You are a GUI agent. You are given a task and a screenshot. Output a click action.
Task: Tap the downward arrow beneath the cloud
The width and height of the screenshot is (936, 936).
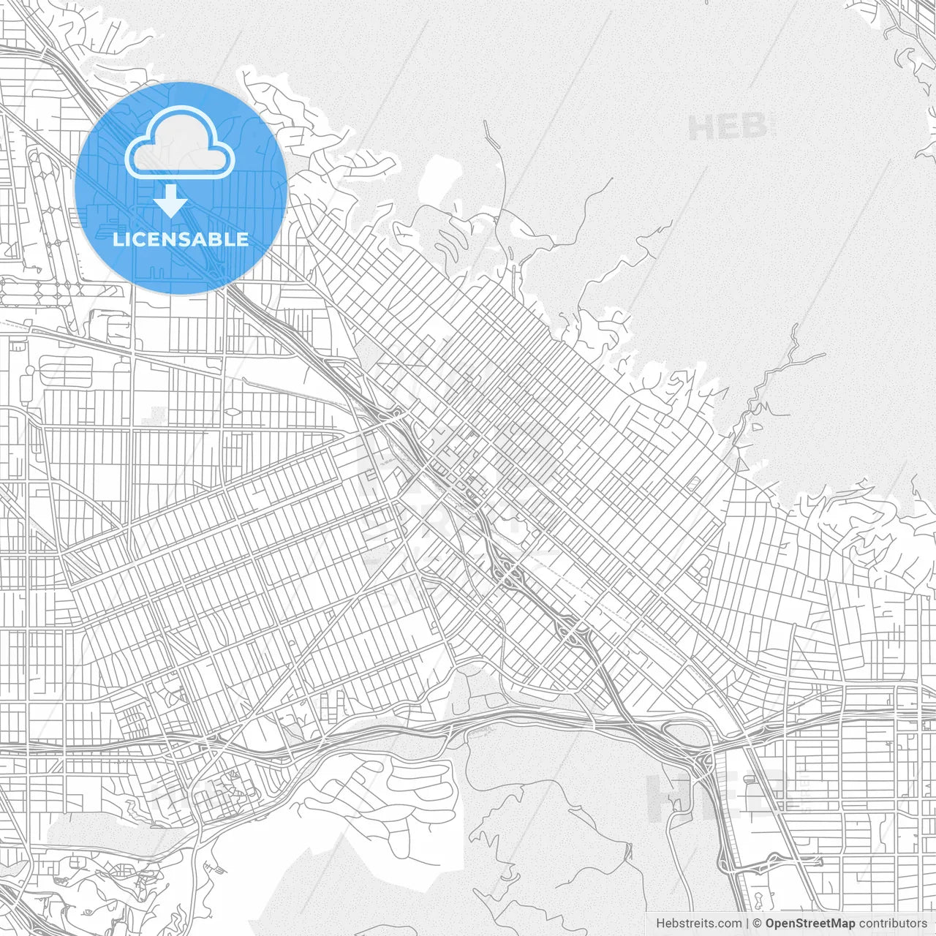coord(171,201)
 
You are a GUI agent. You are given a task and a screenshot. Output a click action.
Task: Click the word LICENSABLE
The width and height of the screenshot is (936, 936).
coord(181,239)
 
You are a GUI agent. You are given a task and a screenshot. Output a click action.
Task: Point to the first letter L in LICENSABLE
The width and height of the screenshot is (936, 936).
coord(118,239)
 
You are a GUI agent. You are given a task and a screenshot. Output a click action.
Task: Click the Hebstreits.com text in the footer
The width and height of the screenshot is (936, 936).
coord(698,924)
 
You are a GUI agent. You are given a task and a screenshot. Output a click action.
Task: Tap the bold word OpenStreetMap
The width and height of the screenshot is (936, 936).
coord(810,924)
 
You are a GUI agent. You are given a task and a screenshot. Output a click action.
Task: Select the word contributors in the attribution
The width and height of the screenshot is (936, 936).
coord(893,924)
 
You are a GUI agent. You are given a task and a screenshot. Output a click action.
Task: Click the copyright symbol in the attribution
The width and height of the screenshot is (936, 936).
coord(758,924)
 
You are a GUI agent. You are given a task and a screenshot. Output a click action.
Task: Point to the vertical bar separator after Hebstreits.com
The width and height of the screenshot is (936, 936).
coord(747,924)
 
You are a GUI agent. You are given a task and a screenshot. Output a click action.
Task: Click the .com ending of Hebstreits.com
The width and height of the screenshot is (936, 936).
coord(729,924)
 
